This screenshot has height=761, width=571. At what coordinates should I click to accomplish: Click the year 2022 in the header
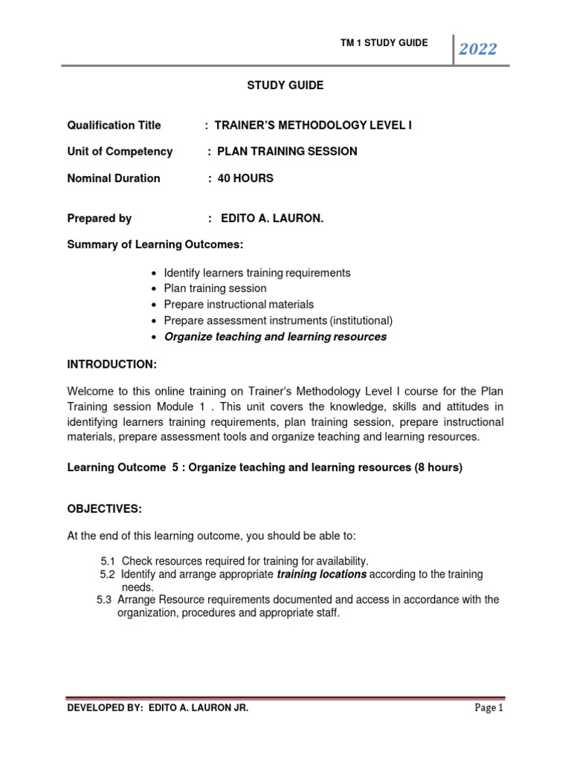click(x=477, y=50)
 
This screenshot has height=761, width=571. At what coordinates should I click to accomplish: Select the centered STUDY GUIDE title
click(x=285, y=85)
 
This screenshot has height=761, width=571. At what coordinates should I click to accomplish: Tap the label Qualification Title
click(x=114, y=125)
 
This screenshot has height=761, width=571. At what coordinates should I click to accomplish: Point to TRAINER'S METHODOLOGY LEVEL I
click(x=313, y=125)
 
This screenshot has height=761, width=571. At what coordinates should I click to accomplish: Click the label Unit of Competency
click(x=120, y=152)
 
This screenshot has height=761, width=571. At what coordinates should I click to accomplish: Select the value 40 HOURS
click(x=246, y=178)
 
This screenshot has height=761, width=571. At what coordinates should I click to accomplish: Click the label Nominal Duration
click(x=114, y=178)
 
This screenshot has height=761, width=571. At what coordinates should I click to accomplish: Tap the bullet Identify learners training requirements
click(x=257, y=273)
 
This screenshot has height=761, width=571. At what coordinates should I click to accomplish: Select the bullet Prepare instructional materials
click(x=239, y=304)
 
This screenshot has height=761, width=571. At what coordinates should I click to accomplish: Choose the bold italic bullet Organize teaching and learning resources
click(x=275, y=337)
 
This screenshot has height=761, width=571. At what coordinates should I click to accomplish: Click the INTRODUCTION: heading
click(x=112, y=364)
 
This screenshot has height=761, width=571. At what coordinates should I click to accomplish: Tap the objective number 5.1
click(x=108, y=561)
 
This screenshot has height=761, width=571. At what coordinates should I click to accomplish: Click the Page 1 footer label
click(x=489, y=708)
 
